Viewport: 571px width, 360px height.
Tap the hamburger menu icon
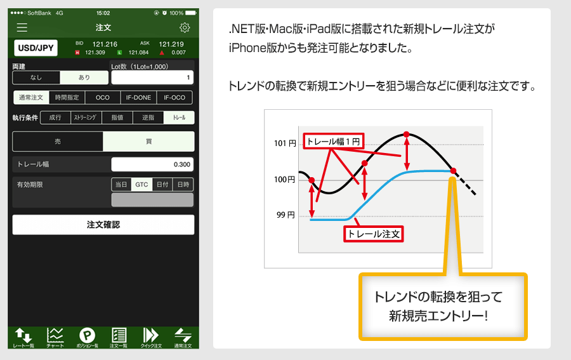[x=22, y=28]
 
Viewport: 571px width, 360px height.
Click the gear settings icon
[x=185, y=28]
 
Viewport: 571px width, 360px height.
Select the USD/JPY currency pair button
[x=36, y=48]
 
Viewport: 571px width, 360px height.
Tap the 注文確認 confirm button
[x=103, y=225]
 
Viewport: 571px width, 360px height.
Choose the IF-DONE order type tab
[x=138, y=98]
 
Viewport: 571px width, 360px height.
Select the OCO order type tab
[x=103, y=98]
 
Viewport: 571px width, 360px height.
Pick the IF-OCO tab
[x=174, y=98]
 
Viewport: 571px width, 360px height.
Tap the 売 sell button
[x=58, y=142]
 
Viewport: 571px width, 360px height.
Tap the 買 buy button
[x=148, y=142]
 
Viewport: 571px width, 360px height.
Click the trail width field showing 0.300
[x=152, y=164]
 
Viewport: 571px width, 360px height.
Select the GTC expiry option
[x=141, y=185]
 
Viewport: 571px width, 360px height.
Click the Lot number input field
[x=152, y=77]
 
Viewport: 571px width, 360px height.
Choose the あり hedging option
[x=84, y=77]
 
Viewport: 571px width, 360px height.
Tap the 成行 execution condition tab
[x=55, y=117]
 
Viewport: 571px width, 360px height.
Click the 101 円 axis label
[x=285, y=143]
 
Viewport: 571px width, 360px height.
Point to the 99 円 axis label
[x=285, y=215]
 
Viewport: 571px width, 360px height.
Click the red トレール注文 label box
[x=374, y=234]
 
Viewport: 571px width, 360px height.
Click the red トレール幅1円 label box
[x=333, y=142]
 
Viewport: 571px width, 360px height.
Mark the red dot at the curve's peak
[x=407, y=135]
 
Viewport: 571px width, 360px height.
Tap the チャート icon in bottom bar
[x=55, y=337]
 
